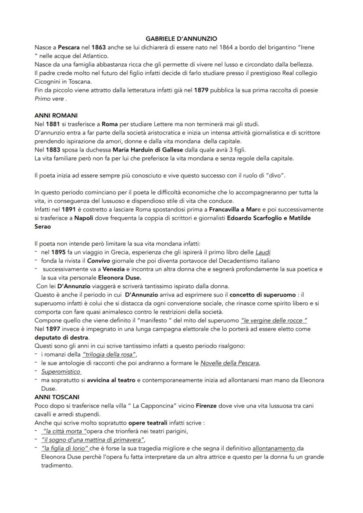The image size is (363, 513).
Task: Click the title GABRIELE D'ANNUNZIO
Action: click(x=181, y=39)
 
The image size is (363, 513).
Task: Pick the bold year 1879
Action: click(x=202, y=90)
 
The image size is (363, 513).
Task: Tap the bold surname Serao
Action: click(x=43, y=226)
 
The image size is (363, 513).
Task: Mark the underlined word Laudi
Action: click(x=263, y=252)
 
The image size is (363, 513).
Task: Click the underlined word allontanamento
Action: click(x=274, y=448)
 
